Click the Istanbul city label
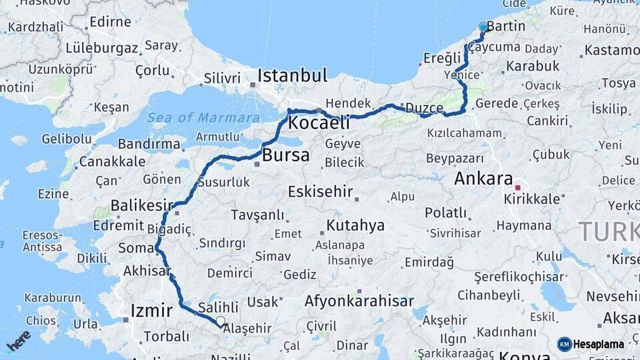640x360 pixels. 293,74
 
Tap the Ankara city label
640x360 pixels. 483,179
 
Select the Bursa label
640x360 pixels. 286,156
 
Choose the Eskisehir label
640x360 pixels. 320,192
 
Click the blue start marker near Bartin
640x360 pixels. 483,27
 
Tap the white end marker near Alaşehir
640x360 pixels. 221,321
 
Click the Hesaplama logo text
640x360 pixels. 597,344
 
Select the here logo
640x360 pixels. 19,340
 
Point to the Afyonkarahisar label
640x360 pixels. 359,301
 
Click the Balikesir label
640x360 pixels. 141,205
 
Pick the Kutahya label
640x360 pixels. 355,225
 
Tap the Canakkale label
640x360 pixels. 112,161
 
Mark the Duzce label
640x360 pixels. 424,108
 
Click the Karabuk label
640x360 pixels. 532,66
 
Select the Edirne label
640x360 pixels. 110,22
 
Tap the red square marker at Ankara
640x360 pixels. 517,188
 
